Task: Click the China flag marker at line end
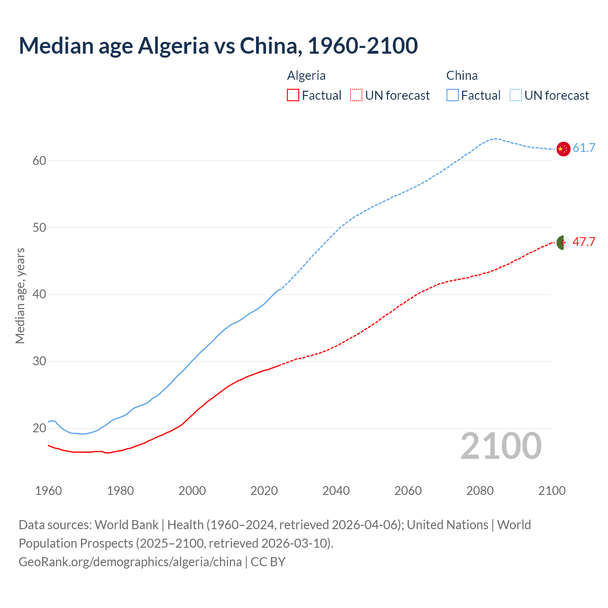click(563, 149)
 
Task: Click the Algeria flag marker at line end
click(563, 242)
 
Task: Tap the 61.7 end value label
click(584, 148)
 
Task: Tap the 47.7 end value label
click(584, 242)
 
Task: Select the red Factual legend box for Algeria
click(293, 95)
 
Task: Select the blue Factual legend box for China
click(452, 95)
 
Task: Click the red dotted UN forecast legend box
click(356, 95)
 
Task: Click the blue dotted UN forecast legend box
click(515, 95)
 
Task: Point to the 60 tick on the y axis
click(39, 161)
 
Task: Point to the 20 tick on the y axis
click(39, 428)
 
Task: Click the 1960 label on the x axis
click(48, 491)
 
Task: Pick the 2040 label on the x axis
click(336, 491)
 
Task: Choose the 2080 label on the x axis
click(480, 491)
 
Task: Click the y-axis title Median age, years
click(20, 295)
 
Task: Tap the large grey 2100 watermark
click(501, 446)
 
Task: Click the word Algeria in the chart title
click(173, 46)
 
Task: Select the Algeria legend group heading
click(306, 76)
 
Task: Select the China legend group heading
click(462, 76)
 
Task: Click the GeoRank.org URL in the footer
click(130, 562)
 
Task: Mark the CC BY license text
click(268, 562)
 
